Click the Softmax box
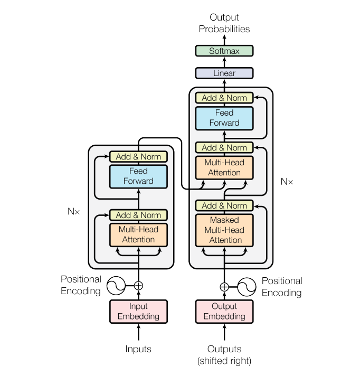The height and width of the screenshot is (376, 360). (x=224, y=51)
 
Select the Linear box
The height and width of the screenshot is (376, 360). (x=224, y=73)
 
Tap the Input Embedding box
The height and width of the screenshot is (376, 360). (x=138, y=311)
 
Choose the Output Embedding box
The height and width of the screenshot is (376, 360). (x=224, y=311)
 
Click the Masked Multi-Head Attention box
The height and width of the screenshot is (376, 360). (x=224, y=230)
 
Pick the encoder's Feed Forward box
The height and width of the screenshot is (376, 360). (x=138, y=176)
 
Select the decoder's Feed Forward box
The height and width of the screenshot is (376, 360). (x=224, y=118)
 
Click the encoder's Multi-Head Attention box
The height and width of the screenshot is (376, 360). (x=138, y=234)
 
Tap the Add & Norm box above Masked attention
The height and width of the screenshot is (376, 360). (x=224, y=205)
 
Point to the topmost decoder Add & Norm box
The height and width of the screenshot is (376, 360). (x=224, y=98)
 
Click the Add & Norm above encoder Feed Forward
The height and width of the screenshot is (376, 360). (x=138, y=157)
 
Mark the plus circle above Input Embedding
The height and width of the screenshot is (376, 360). (x=138, y=286)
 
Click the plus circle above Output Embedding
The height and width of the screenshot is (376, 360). (x=224, y=287)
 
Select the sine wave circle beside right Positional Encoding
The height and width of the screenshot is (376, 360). (x=247, y=287)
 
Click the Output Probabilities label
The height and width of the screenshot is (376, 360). (x=224, y=23)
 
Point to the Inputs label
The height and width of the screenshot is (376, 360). (x=138, y=349)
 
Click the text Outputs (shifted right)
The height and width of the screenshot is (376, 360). (x=224, y=355)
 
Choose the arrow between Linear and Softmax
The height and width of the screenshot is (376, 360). (x=224, y=62)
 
